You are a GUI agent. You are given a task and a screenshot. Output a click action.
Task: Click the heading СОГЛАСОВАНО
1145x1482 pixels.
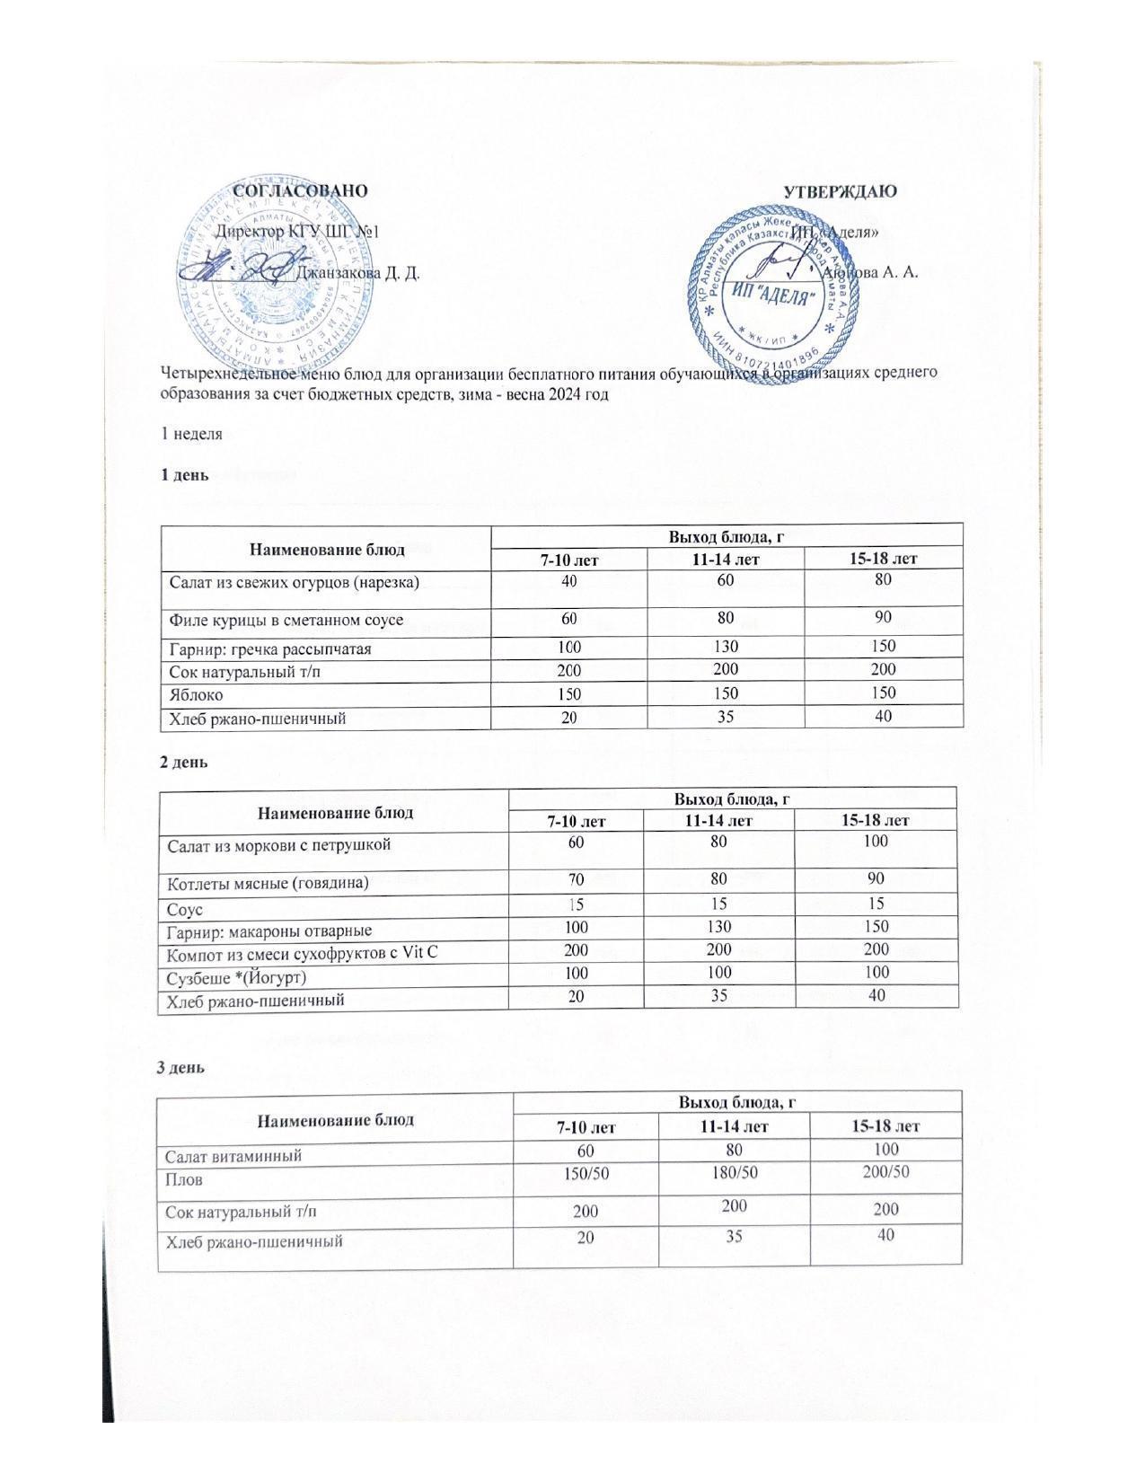[301, 190]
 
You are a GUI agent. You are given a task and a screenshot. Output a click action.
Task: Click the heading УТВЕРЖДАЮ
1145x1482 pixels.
[840, 191]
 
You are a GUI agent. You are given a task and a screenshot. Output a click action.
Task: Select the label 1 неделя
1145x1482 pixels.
[191, 434]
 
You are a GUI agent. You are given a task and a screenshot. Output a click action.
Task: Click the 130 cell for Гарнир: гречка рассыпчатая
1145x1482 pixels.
[725, 647]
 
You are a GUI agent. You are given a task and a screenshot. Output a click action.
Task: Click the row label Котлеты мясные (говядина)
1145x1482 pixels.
[266, 882]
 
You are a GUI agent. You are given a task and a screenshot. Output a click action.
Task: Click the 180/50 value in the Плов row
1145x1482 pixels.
[734, 1172]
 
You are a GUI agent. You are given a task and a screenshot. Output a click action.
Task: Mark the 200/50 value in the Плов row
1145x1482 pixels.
[885, 1172]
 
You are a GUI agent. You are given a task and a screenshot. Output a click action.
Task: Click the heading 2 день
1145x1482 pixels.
[183, 762]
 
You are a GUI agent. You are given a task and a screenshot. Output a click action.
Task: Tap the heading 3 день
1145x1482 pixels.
[181, 1068]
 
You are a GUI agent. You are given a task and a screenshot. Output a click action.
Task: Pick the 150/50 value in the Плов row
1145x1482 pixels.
[586, 1172]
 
